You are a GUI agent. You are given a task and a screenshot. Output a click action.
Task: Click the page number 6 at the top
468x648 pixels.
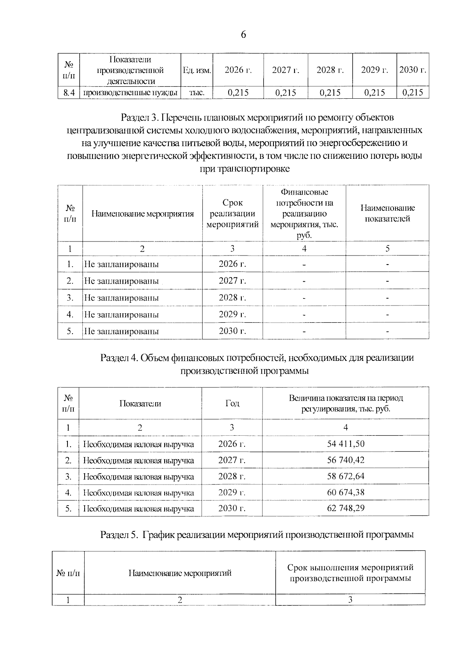[x=243, y=35]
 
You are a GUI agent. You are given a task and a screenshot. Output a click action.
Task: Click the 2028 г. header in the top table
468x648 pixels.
[x=330, y=70]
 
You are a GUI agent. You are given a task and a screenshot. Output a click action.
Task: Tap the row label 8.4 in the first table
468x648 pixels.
[x=69, y=92]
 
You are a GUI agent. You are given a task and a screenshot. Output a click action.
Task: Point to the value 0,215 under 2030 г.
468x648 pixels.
[x=412, y=92]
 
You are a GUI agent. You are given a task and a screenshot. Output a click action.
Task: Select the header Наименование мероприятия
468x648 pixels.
[x=142, y=214]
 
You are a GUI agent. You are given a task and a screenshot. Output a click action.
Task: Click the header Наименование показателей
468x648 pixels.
[x=387, y=213]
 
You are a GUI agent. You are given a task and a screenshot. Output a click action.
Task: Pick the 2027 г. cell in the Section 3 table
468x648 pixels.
[x=232, y=281]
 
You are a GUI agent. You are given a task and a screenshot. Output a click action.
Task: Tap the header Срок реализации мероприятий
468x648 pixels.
[x=232, y=214]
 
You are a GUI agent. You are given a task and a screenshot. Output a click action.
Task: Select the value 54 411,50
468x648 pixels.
[x=346, y=444]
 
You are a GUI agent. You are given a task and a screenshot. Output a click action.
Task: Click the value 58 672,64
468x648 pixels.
[x=346, y=476]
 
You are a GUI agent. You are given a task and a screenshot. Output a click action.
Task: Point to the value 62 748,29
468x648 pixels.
[x=346, y=508]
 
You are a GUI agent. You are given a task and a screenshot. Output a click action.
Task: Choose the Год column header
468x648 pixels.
[x=232, y=403]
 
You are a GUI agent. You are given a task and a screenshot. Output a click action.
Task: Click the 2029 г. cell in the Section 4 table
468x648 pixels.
[x=232, y=492]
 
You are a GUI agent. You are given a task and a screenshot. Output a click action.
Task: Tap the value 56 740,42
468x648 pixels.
[x=346, y=460]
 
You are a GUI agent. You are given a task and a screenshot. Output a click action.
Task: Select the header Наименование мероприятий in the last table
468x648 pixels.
[x=180, y=573]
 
